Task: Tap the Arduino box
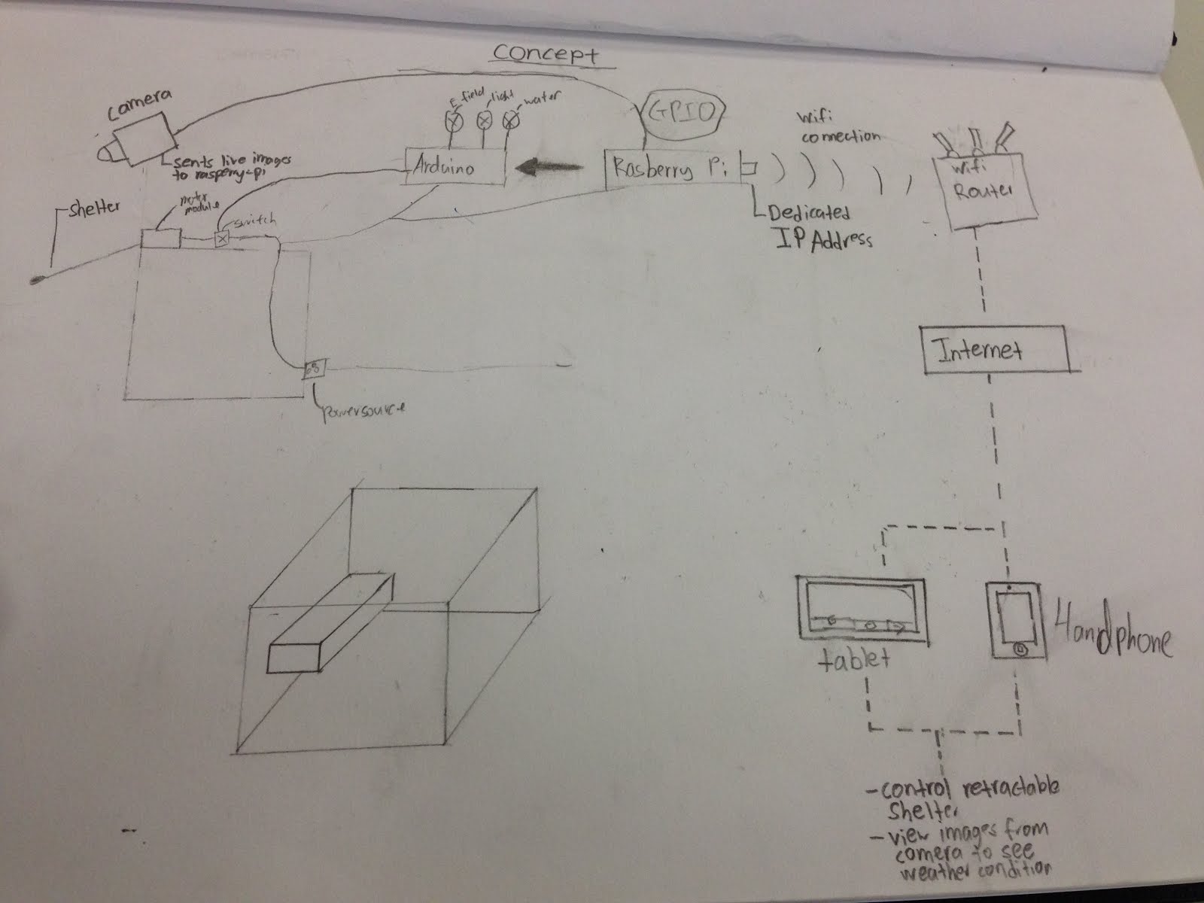pyautogui.click(x=454, y=167)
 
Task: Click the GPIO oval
pyautogui.click(x=682, y=113)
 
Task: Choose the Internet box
pyautogui.click(x=996, y=349)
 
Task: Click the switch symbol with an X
pyautogui.click(x=222, y=239)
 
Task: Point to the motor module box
pyautogui.click(x=160, y=238)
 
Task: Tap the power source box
pyautogui.click(x=313, y=369)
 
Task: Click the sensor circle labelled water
pyautogui.click(x=511, y=118)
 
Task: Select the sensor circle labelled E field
pyautogui.click(x=454, y=119)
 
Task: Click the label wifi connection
pyautogui.click(x=837, y=128)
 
